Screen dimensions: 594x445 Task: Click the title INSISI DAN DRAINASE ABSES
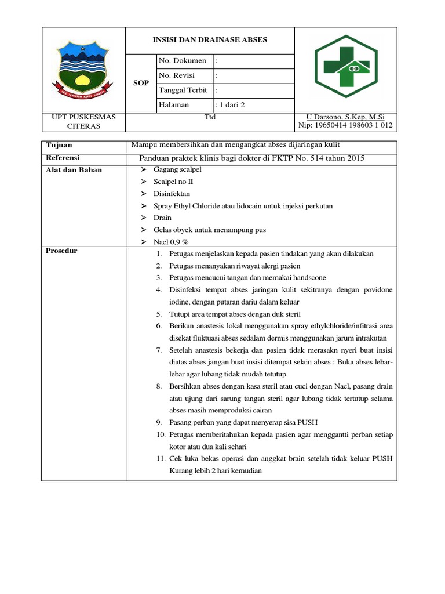point(210,39)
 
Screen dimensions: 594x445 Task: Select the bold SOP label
point(141,83)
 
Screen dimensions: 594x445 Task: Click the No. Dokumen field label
point(182,61)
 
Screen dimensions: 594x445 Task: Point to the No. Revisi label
point(177,75)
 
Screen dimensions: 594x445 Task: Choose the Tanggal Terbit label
point(183,90)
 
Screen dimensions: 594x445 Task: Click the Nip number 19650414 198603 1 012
point(345,125)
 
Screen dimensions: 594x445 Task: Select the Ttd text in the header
point(210,117)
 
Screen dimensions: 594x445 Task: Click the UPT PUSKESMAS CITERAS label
point(84,121)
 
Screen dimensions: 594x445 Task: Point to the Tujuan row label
point(59,145)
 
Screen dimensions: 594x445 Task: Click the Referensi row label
point(63,158)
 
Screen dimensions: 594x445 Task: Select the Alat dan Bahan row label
point(73,170)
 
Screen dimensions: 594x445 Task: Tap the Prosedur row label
point(61,251)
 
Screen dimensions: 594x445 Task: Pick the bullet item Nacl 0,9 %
point(172,242)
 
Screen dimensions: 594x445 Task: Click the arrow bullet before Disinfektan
point(144,194)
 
